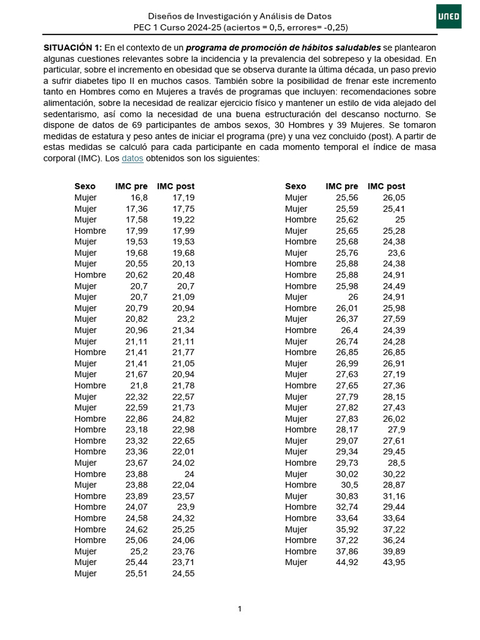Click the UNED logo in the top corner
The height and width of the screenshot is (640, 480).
(x=449, y=16)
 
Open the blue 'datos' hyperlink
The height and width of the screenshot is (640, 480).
(x=132, y=159)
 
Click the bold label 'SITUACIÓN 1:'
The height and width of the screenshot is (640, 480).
(x=72, y=47)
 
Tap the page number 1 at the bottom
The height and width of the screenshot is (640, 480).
(x=240, y=609)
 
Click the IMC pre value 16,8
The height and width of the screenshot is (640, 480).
(x=138, y=197)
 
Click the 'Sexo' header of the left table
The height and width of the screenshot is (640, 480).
(x=85, y=186)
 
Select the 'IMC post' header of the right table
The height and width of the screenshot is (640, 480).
(x=386, y=186)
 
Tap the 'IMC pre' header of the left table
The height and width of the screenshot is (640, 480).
(x=131, y=186)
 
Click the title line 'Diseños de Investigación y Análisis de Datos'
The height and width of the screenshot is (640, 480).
(x=240, y=16)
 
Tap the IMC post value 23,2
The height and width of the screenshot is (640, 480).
(x=186, y=319)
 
